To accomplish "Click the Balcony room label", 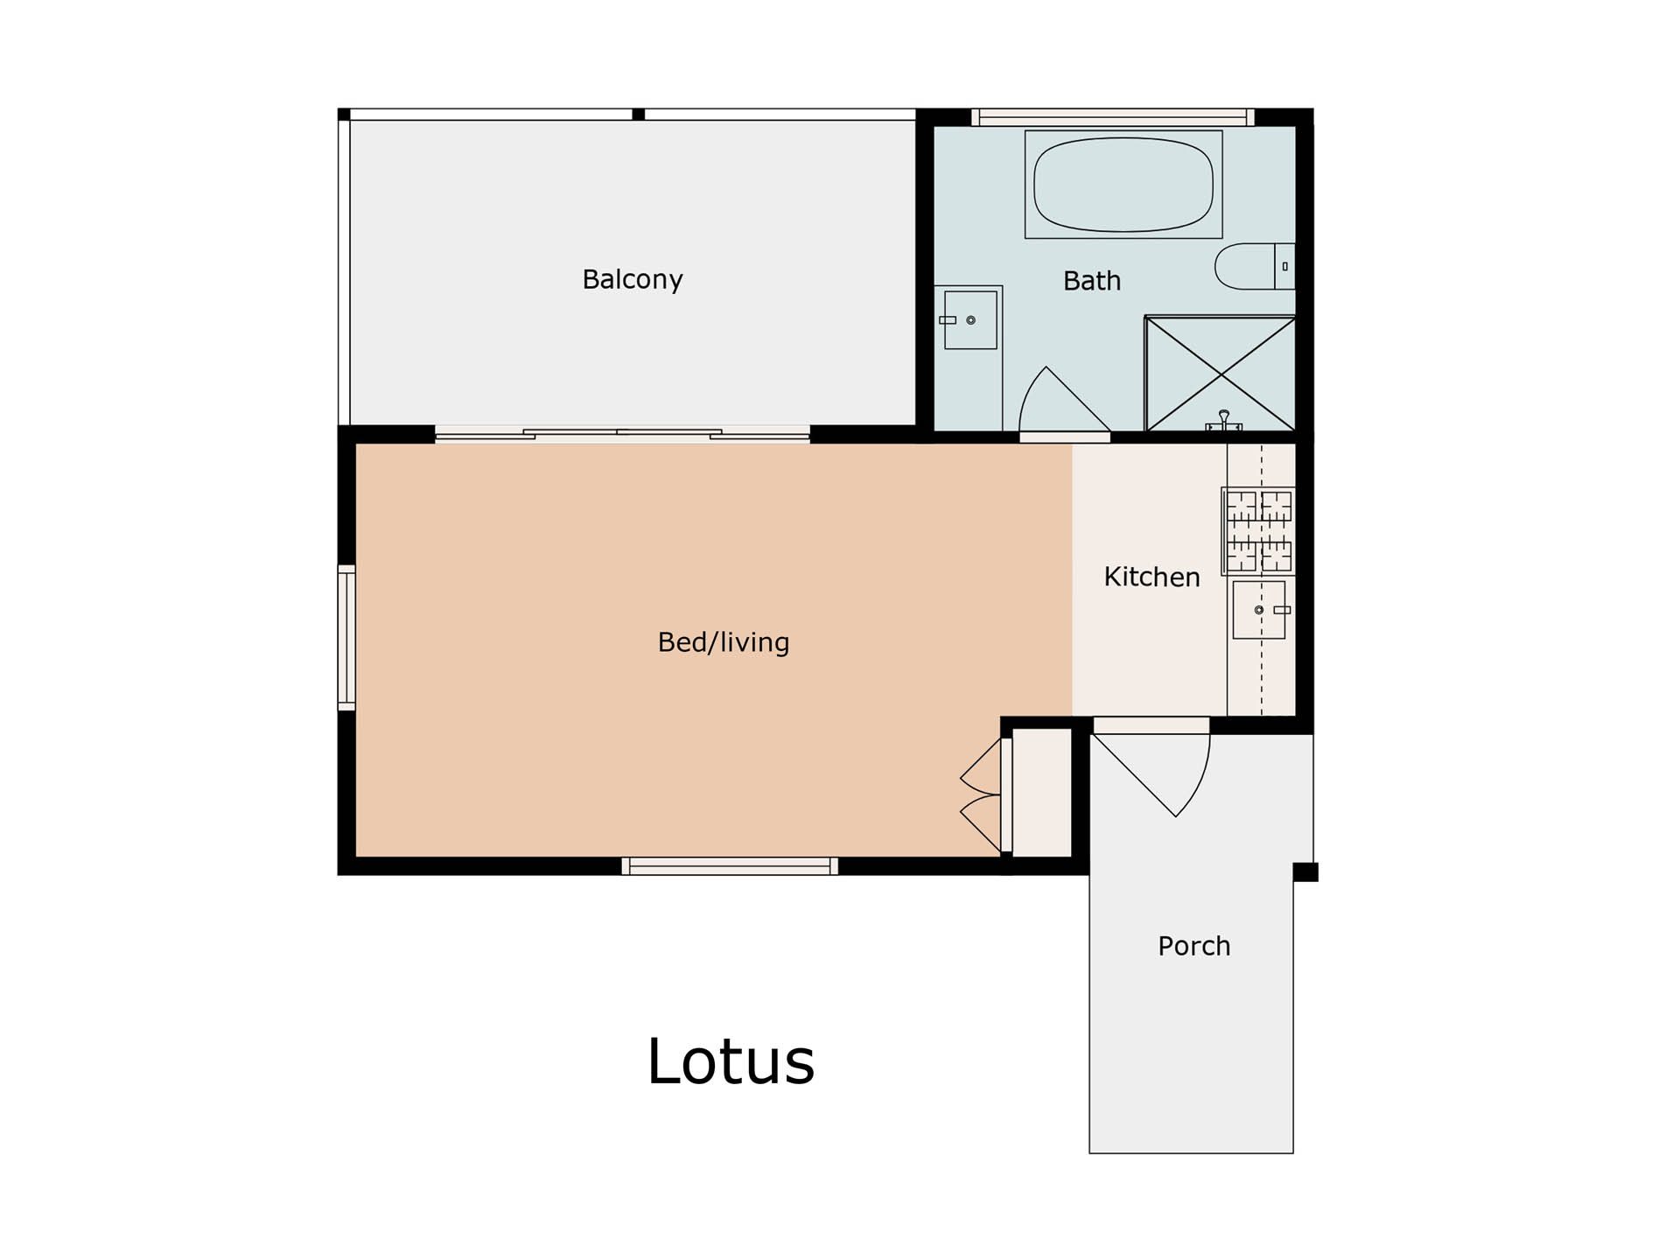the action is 632,279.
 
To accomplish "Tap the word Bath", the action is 1091,281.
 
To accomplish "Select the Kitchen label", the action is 1151,577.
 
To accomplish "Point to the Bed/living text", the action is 724,642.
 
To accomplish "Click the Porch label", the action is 1193,946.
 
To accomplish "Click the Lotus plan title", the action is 731,1061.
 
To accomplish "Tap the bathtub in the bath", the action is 1123,185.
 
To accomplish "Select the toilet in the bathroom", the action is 1255,266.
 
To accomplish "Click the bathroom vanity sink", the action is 969,320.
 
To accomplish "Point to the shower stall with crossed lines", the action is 1220,374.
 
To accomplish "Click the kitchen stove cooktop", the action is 1258,531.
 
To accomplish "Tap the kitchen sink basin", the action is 1259,610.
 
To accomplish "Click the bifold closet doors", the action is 981,795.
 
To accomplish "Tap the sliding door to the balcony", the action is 622,433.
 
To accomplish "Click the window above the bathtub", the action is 1113,117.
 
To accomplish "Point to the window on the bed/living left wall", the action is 346,637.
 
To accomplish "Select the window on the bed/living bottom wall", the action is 730,866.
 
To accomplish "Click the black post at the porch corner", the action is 1305,871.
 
